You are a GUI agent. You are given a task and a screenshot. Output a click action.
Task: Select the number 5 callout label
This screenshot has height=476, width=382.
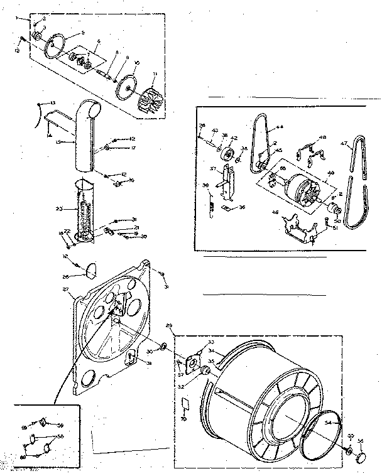[82, 32]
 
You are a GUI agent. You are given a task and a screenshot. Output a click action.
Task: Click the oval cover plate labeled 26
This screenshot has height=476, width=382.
[90, 271]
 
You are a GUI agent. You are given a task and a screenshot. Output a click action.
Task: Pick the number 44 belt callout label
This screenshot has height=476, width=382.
[280, 126]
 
